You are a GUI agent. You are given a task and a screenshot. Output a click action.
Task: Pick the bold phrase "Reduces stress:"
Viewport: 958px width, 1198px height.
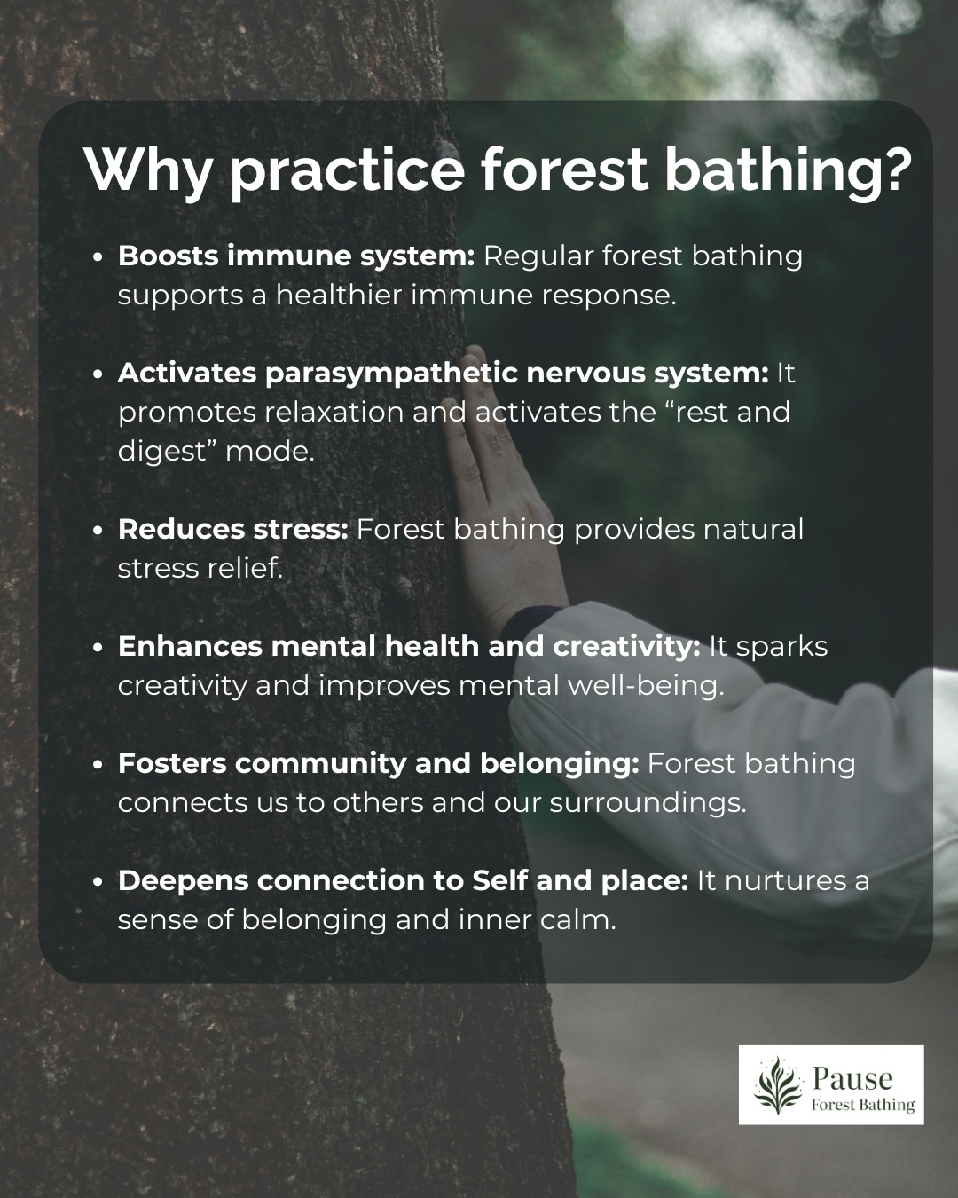tap(232, 530)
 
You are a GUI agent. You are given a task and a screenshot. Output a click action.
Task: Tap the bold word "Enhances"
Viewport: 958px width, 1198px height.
tap(190, 647)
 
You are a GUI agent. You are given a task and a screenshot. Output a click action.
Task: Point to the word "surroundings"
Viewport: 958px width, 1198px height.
tap(648, 804)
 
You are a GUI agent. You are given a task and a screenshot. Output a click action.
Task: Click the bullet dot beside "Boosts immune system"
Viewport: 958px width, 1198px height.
tap(98, 258)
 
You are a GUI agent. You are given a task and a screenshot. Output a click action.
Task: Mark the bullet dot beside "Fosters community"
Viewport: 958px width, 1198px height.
tap(98, 765)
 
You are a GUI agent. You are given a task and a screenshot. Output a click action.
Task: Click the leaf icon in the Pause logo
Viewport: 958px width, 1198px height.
tap(778, 1084)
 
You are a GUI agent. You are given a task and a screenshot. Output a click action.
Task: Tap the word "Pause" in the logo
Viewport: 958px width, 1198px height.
tap(852, 1077)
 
